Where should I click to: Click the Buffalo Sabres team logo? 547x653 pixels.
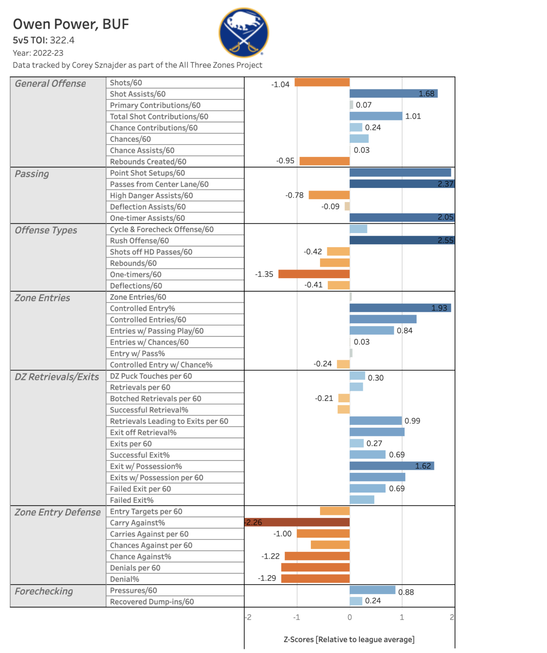coord(243,32)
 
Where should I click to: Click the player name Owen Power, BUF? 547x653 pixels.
coord(71,24)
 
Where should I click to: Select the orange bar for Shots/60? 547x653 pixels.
coord(322,82)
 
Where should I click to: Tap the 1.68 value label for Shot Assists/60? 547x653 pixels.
coord(426,93)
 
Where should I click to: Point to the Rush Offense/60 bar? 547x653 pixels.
coord(402,240)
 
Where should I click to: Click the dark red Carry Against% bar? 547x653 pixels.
coord(297,522)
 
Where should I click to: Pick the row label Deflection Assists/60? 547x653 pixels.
coord(148,207)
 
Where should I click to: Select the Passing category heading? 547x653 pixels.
coord(32,174)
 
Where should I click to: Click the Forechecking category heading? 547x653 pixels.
coord(44,591)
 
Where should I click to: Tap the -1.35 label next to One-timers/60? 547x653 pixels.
coord(264,274)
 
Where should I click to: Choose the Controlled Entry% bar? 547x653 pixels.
coord(400,308)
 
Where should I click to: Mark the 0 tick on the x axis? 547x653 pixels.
coord(350,617)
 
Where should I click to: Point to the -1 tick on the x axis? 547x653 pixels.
coord(296,617)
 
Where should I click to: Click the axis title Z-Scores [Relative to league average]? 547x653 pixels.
coord(349,639)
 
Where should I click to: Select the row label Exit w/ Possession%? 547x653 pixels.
coord(146,466)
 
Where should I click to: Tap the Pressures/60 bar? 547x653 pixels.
coord(372,590)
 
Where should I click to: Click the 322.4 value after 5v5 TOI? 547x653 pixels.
coord(62,40)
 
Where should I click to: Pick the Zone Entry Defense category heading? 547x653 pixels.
coord(57,512)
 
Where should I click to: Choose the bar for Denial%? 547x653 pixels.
coord(315,578)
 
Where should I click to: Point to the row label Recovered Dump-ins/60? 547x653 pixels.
coord(152,602)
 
